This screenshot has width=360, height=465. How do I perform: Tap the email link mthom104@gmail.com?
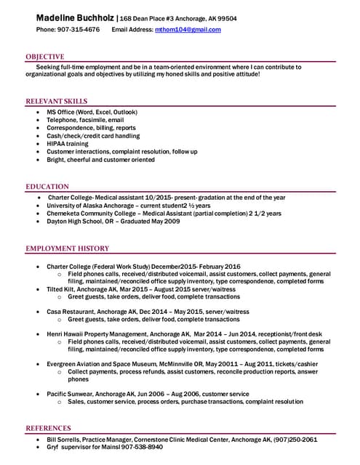(188, 30)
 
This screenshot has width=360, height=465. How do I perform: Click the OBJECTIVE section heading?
(45, 57)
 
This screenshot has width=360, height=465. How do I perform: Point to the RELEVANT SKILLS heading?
(57, 101)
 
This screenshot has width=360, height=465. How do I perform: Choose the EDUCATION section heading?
(47, 187)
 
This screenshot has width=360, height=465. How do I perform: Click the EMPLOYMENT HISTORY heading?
(68, 248)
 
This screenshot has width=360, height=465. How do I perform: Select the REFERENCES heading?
(49, 428)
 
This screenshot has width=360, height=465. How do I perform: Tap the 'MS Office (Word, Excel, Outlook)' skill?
(92, 113)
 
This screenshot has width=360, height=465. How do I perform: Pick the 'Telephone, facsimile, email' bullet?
(85, 121)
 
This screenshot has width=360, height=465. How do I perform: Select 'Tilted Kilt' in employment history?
(62, 289)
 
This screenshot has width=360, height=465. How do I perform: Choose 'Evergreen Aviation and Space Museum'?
(104, 363)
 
